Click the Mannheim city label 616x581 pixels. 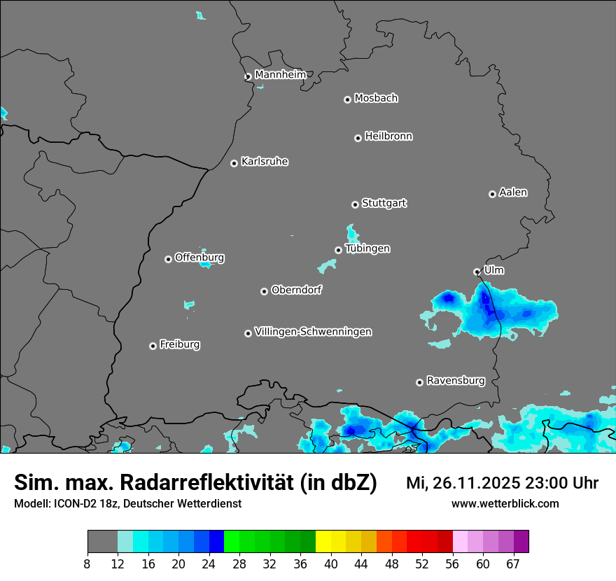(x=280, y=74)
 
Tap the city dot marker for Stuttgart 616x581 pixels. (x=356, y=204)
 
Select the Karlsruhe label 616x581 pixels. (x=265, y=162)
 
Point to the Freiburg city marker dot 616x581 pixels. (x=153, y=346)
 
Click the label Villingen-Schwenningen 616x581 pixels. (x=313, y=332)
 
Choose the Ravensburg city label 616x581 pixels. (x=456, y=381)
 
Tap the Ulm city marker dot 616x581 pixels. (x=477, y=272)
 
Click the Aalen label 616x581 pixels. (x=513, y=192)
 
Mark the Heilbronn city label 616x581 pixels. (x=388, y=136)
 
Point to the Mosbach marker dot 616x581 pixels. (x=347, y=99)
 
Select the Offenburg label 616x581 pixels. (x=199, y=258)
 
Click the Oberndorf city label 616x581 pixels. (x=296, y=290)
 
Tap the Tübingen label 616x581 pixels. (x=367, y=248)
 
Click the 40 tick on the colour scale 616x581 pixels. (x=331, y=564)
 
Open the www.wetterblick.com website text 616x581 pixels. (x=505, y=503)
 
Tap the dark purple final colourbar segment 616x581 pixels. (x=521, y=542)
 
